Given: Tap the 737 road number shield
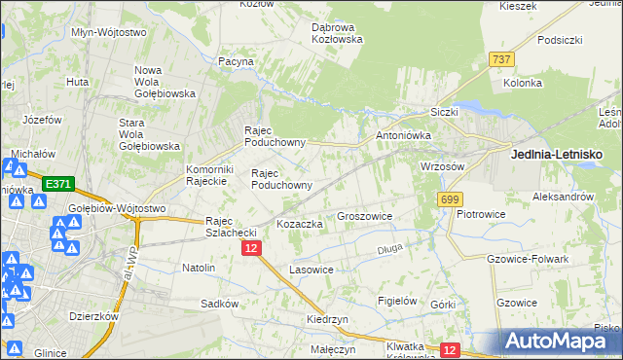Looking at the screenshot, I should tap(502, 59).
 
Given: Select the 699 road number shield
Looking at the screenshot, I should tap(449, 199).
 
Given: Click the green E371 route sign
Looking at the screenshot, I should tap(56, 182).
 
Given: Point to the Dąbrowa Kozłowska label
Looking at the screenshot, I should tap(337, 33).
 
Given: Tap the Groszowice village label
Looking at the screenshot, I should tap(364, 216).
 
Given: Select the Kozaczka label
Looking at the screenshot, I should tap(300, 224).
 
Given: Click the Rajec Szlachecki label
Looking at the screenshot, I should tap(231, 227).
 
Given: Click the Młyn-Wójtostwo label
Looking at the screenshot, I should tap(108, 32).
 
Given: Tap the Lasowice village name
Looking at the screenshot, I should tap(311, 269).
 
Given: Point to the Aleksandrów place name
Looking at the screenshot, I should tap(564, 196).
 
